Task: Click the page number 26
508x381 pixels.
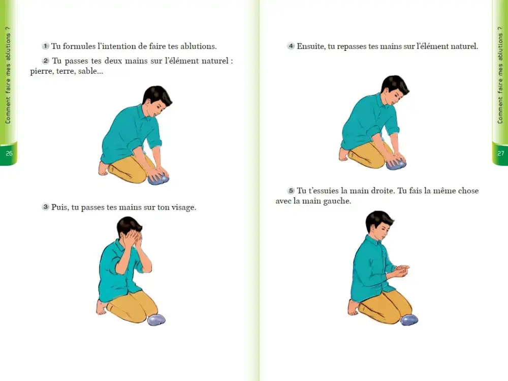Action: (9, 153)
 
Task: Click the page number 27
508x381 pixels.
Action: (501, 153)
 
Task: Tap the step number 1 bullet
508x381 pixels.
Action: (45, 46)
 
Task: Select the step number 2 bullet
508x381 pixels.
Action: (45, 61)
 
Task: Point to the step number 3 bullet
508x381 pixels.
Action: (45, 207)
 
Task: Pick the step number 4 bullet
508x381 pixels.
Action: (291, 46)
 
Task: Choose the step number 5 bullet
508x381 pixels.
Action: (291, 190)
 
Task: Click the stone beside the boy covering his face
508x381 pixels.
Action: (156, 319)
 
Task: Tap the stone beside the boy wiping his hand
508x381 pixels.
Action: (409, 319)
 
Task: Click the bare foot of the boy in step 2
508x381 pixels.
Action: (103, 168)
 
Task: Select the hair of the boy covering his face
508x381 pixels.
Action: (129, 224)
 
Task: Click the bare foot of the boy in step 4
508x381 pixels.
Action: (343, 154)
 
